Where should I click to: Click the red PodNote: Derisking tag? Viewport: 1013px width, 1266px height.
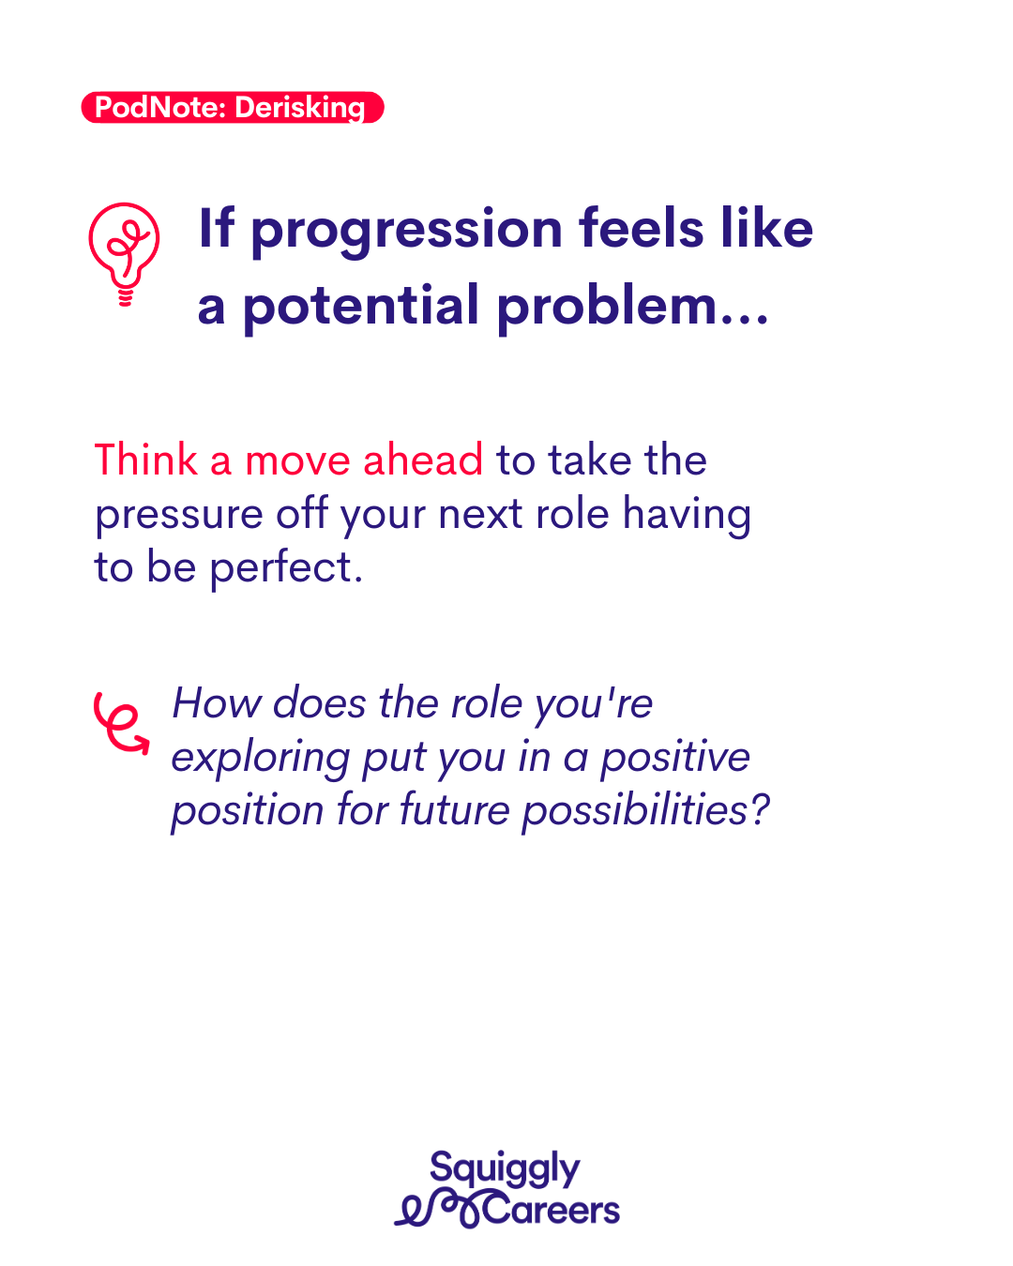click(x=233, y=107)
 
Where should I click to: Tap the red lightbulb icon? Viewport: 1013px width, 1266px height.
click(x=124, y=254)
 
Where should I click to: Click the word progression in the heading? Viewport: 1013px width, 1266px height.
click(x=407, y=232)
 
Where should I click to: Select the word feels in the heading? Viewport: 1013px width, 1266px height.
click(x=641, y=228)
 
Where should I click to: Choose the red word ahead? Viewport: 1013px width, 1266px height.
click(x=423, y=460)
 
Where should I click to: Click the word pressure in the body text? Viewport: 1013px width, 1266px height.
click(x=179, y=517)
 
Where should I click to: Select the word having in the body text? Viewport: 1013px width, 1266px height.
click(x=687, y=515)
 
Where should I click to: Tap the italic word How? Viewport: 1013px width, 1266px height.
click(x=217, y=703)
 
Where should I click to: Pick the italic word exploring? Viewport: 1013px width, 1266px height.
click(x=261, y=760)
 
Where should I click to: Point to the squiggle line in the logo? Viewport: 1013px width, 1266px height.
click(x=438, y=1209)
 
